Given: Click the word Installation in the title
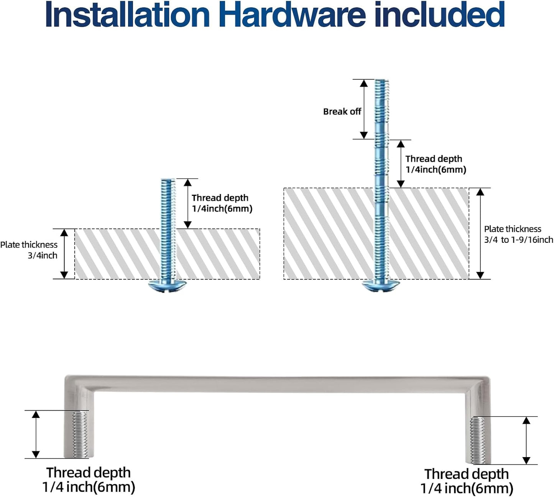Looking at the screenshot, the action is pos(128,15).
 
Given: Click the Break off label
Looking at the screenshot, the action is pos(342,112).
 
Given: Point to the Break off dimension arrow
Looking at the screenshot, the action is pos(364,109).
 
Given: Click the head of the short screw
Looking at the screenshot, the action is pos(168,286).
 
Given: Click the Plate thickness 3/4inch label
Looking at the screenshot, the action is pos(29,250).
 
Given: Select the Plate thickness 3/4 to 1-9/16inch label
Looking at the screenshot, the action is pos(518,234).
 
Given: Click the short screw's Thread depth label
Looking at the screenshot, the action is pos(222,203).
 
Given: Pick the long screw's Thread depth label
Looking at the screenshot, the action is pos(436,164).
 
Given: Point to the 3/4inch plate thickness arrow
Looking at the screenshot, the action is pos(64,254).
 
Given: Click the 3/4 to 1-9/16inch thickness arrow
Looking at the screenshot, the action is pos(480,234).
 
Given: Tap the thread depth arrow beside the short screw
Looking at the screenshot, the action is pos(187,204).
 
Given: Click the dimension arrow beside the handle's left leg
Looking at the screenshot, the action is pos(36,434).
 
